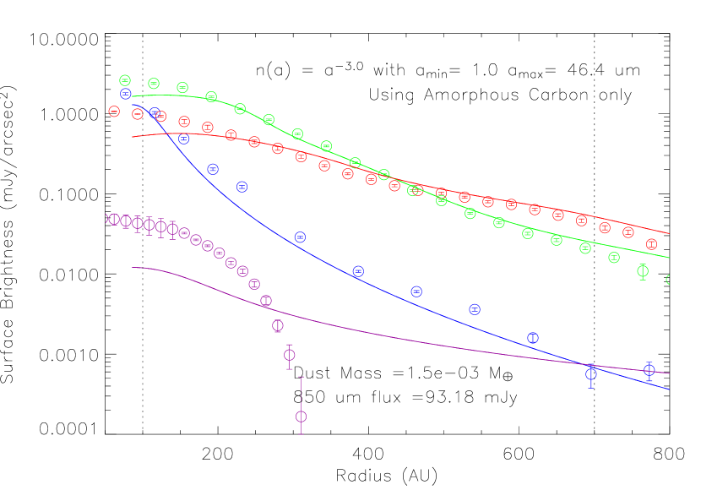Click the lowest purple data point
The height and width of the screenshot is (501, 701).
[x=301, y=417]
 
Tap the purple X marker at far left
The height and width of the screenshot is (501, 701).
[x=109, y=219]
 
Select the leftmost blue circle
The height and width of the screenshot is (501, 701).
[x=126, y=94]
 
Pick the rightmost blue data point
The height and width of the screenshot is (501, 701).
[x=649, y=370]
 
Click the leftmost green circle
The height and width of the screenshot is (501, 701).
[x=125, y=80]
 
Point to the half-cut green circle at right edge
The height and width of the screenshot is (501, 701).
[x=669, y=280]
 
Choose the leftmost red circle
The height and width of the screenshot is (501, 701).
[x=114, y=111]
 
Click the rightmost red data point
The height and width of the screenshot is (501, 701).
[x=651, y=244]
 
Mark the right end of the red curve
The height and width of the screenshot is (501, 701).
[x=670, y=233]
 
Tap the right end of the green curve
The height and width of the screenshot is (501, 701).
[x=670, y=258]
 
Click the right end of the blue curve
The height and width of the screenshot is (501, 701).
[x=670, y=389]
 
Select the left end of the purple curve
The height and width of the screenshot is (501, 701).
[x=132, y=268]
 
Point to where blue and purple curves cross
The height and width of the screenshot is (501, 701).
[x=590, y=365]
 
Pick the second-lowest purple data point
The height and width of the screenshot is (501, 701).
[x=290, y=355]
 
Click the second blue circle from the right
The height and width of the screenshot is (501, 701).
[x=591, y=373]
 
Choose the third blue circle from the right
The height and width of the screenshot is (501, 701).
[x=533, y=338]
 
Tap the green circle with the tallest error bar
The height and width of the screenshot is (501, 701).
[x=643, y=271]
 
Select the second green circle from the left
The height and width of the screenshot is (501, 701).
[x=154, y=83]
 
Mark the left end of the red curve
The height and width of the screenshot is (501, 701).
[x=132, y=137]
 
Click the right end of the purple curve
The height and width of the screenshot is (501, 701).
[x=670, y=373]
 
